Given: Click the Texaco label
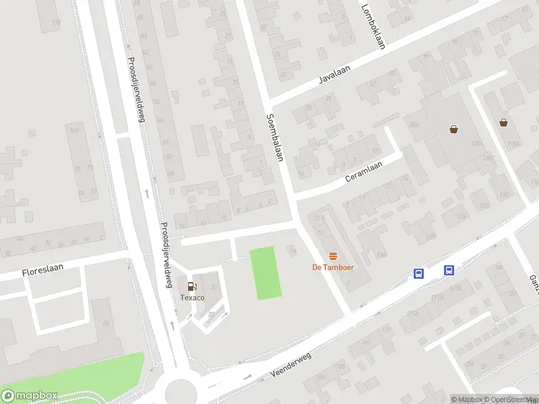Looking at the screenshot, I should tap(192, 297).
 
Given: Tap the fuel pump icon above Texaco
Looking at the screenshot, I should tap(192, 286).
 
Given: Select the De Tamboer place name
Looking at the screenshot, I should tap(333, 267).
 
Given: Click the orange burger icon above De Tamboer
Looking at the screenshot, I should tap(333, 256).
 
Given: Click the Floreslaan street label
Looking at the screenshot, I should tap(42, 269).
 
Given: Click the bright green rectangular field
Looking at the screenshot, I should tap(265, 273).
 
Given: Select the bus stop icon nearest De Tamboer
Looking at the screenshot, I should tap(418, 273).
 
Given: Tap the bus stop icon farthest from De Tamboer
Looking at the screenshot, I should tap(449, 271).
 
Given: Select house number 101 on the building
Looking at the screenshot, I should tap(74, 131).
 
